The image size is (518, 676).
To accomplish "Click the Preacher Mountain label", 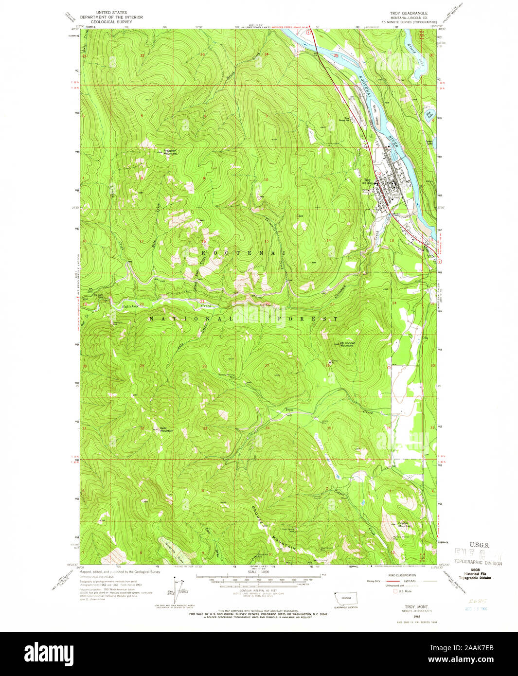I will pyautogui.click(x=170, y=152).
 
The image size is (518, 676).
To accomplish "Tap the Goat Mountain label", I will pyautogui.click(x=166, y=429).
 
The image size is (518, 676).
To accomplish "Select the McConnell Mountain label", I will pyautogui.click(x=347, y=344).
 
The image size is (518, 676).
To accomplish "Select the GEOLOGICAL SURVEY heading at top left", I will pyautogui.click(x=112, y=22).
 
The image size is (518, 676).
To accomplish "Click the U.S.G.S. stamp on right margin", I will pyautogui.click(x=479, y=545).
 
